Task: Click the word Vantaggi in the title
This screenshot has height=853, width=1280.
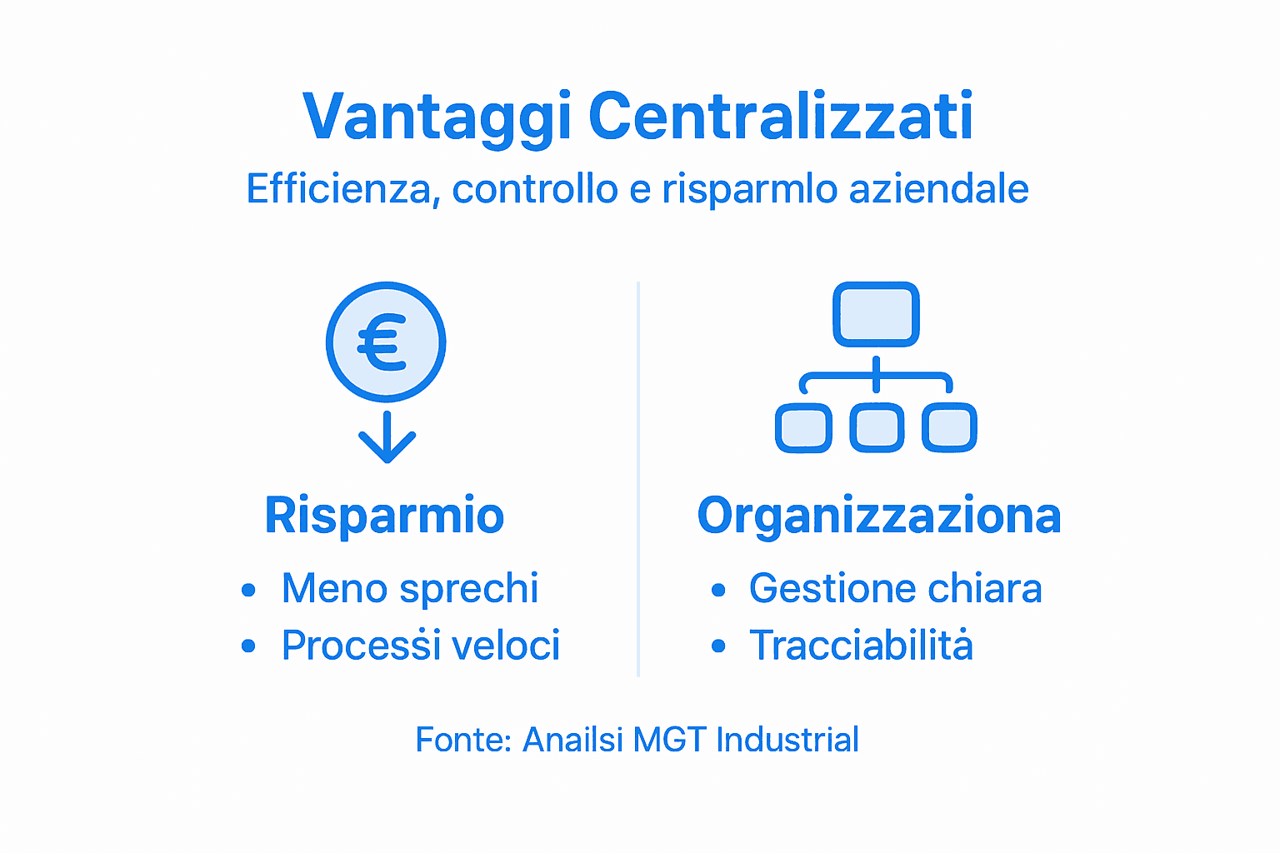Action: (437, 117)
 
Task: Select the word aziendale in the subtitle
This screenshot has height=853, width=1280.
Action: (938, 189)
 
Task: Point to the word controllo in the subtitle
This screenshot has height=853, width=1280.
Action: (535, 189)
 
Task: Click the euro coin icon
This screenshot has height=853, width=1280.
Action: (386, 342)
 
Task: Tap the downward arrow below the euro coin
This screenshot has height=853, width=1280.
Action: (387, 438)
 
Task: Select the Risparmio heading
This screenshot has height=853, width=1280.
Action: (384, 516)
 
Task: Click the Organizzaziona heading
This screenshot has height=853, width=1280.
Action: (878, 516)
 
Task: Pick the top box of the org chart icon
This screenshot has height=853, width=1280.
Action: (876, 314)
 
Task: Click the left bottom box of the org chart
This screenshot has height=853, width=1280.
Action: (803, 428)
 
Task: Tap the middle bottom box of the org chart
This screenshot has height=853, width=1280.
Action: (877, 428)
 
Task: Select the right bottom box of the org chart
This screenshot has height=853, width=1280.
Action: (949, 428)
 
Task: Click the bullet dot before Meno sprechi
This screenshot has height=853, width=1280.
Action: (248, 591)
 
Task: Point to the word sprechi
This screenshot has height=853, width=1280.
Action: (468, 589)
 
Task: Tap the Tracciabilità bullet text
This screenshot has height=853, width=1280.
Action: (861, 646)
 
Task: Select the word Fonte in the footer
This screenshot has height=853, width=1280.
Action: (461, 740)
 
